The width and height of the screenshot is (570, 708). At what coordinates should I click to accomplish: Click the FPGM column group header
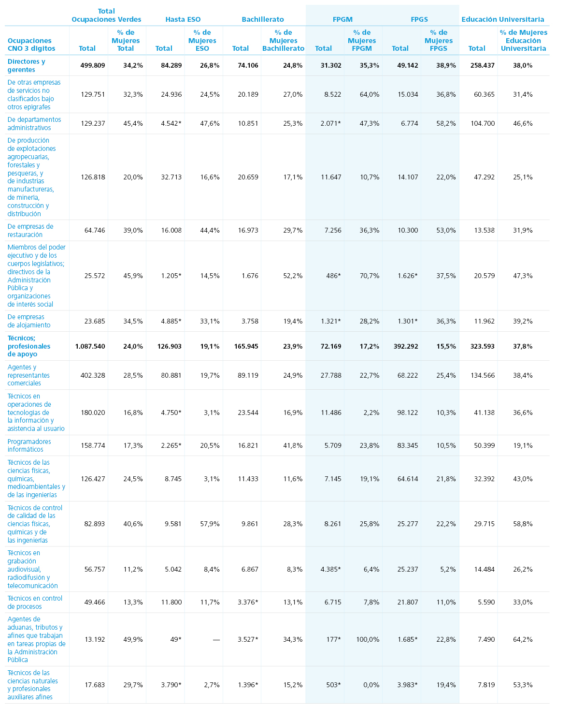[x=342, y=19]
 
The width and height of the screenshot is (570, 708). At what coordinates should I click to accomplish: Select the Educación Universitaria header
[x=502, y=19]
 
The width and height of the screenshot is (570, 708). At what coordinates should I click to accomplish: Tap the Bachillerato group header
[x=263, y=19]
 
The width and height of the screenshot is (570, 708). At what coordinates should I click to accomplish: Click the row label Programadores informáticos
[x=29, y=445]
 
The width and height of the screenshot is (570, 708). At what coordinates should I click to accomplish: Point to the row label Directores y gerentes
[x=26, y=65]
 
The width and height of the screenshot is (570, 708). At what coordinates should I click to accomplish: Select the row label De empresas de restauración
[x=30, y=230]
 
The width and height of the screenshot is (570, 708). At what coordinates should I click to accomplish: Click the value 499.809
[x=93, y=65]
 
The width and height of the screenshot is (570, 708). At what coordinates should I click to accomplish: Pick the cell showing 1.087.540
[x=90, y=346]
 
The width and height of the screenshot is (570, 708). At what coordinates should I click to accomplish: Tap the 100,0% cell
[x=368, y=639]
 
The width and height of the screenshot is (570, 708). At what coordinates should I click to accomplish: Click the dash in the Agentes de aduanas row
[x=216, y=639]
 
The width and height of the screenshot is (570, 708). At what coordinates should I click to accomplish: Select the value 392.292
[x=406, y=346]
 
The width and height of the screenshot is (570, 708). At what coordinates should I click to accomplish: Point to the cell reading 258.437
[x=482, y=65]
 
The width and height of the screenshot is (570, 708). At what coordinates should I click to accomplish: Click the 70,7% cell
[x=369, y=276]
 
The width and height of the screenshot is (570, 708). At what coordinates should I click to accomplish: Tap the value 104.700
[x=483, y=123]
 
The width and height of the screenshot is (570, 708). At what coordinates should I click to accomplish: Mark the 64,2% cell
[x=523, y=639]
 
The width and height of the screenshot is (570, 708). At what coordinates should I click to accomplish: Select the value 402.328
[x=93, y=375]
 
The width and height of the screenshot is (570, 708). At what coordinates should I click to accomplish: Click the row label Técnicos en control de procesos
[x=35, y=602]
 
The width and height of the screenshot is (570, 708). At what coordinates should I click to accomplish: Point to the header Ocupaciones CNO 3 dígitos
[x=31, y=44]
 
